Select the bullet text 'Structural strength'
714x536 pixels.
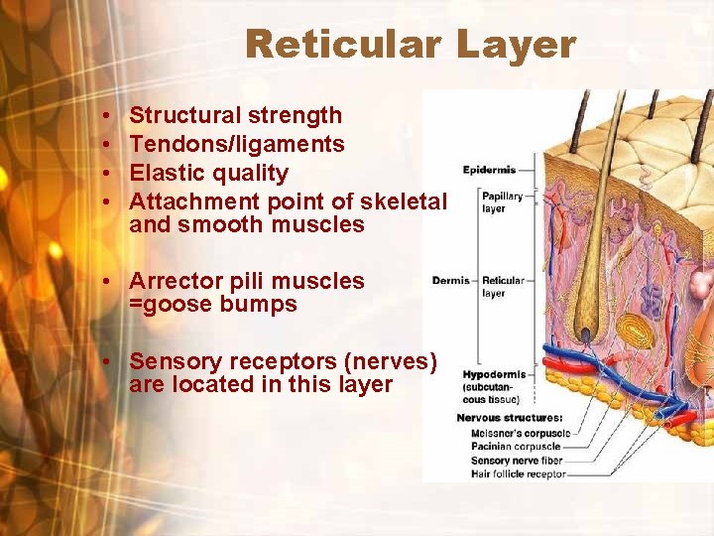(x=235, y=115)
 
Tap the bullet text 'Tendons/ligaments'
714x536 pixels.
(x=237, y=144)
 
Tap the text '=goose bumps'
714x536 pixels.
(x=212, y=305)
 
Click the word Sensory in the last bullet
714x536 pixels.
(x=174, y=360)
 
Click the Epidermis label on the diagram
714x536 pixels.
(x=489, y=170)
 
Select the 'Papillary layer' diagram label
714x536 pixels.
(x=502, y=202)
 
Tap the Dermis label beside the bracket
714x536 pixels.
(x=450, y=281)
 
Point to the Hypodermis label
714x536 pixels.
(x=494, y=375)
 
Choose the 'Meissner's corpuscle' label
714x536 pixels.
(x=521, y=433)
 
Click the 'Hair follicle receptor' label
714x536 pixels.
(x=518, y=474)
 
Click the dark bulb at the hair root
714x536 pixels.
(x=588, y=341)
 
